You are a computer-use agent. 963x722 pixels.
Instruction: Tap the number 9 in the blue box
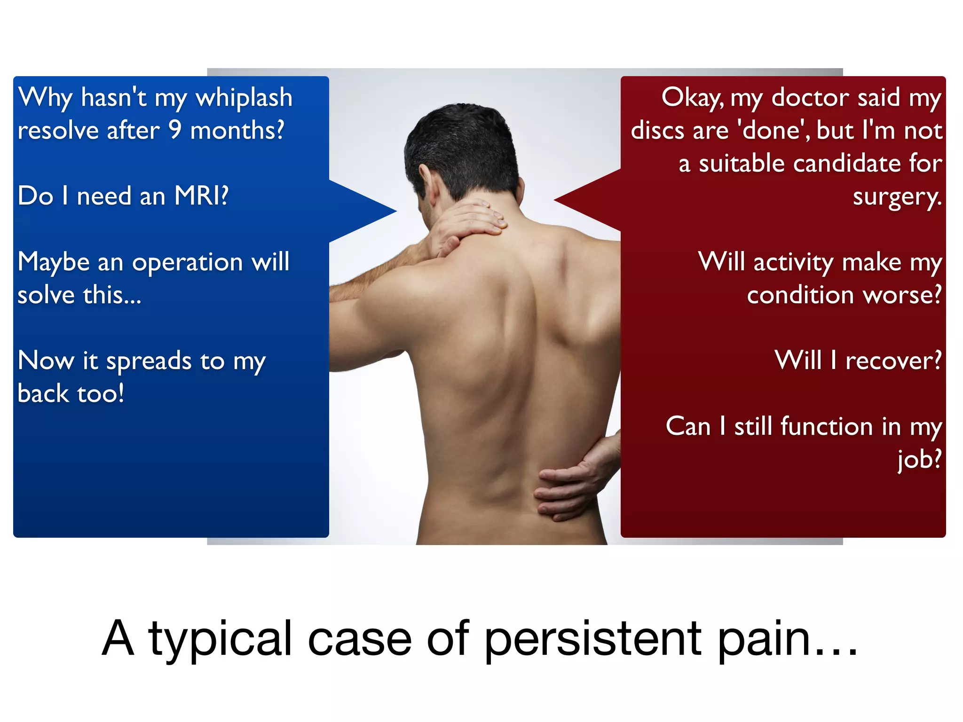[x=175, y=130]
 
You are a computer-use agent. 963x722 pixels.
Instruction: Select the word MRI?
[x=201, y=196]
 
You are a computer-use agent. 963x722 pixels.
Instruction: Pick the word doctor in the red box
[x=810, y=98]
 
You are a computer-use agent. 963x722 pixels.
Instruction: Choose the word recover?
[x=893, y=361]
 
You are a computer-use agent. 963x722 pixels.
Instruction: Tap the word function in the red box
[x=826, y=427]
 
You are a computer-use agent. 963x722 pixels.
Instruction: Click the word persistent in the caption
[x=592, y=639]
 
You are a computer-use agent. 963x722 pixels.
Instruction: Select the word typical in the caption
[x=220, y=639]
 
